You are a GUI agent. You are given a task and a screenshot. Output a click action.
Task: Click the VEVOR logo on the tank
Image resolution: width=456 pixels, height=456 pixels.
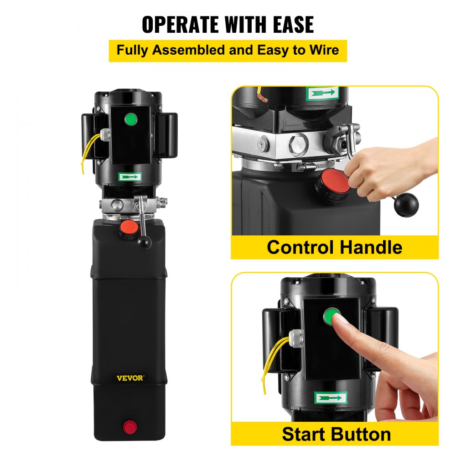click(130, 378)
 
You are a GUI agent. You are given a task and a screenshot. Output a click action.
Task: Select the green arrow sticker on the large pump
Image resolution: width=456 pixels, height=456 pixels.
click(130, 176)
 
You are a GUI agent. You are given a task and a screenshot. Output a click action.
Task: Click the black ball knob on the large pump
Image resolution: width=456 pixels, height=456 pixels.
click(145, 244)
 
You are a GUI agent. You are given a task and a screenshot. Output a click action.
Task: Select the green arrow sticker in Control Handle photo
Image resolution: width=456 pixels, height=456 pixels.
click(323, 93)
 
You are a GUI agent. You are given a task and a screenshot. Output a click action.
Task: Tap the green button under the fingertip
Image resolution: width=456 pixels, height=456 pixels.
click(332, 315)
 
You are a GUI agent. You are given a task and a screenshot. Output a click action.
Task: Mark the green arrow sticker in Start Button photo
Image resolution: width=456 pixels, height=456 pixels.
click(331, 398)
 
